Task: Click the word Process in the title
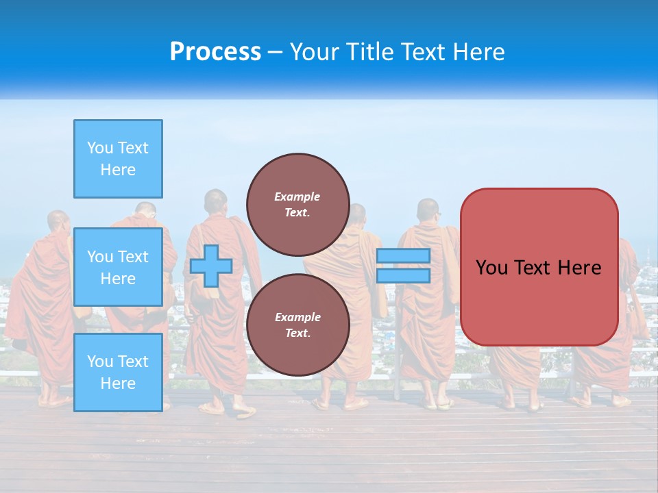pos(215,52)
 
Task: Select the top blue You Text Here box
pos(118,159)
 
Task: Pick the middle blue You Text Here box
pos(118,267)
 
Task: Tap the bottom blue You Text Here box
pos(118,372)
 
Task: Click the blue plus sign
pos(211,266)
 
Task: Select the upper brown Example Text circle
pos(297,204)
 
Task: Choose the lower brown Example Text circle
pos(297,325)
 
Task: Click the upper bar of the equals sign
pos(403,255)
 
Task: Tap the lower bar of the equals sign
pos(403,275)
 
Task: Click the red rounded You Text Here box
pos(539,267)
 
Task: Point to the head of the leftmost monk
pos(58,222)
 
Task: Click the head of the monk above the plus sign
pos(215,201)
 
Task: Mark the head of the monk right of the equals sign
pos(428,210)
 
